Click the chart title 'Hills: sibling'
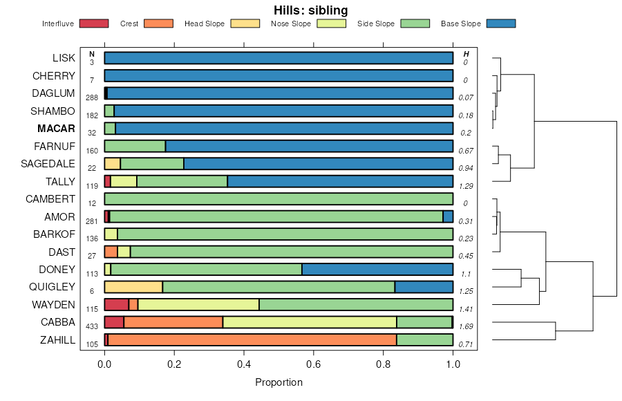click(311, 10)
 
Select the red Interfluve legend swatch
click(94, 24)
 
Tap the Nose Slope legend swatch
click(332, 24)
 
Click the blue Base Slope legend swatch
click(500, 24)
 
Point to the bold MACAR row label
click(56, 129)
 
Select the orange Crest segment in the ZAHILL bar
click(252, 339)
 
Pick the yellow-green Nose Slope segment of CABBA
click(310, 322)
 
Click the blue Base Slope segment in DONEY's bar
click(377, 269)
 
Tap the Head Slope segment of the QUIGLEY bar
click(133, 287)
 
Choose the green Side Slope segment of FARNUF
click(135, 146)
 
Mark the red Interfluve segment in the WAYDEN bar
click(116, 304)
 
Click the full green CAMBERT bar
click(279, 198)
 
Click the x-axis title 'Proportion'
click(279, 382)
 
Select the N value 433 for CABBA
click(92, 326)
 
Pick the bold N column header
click(91, 54)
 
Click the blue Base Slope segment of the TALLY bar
click(340, 181)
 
